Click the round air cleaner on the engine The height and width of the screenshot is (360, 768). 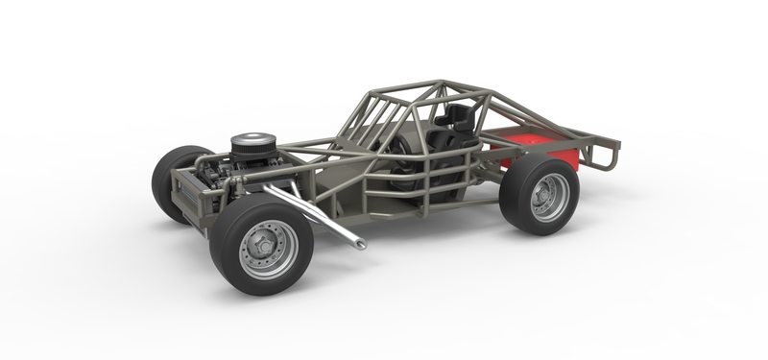tap(252, 146)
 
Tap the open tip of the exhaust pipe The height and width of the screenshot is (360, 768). tap(360, 245)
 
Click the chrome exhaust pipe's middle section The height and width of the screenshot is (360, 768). tap(312, 216)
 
